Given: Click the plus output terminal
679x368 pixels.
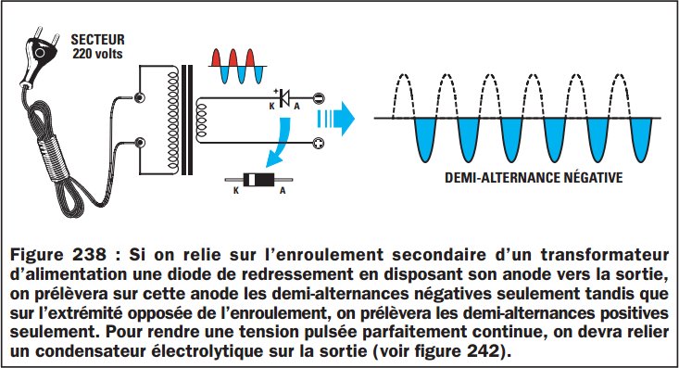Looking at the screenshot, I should [318, 143].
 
